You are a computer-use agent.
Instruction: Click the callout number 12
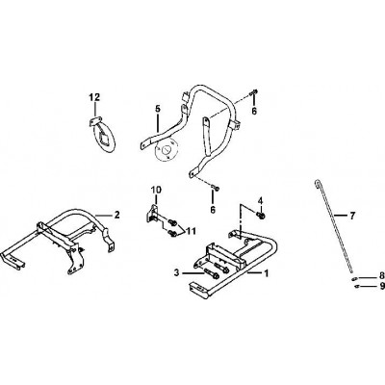pos(94,97)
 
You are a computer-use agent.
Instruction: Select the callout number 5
pos(157,109)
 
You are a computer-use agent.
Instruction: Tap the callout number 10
pos(157,190)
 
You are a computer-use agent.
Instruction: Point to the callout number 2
pos(116,215)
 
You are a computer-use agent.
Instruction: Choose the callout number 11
pos(192,231)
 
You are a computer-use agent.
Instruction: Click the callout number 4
pos(260,201)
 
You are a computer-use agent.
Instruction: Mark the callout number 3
pos(176,273)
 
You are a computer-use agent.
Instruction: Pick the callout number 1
pos(266,273)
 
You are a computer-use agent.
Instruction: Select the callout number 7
pos(352,217)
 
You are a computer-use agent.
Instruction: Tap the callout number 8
pos(381,275)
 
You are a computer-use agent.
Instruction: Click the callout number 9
pos(381,285)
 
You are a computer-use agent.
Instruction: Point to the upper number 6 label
pos(254,111)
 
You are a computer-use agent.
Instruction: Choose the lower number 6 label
pos(213,210)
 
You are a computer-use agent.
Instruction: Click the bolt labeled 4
pos(260,216)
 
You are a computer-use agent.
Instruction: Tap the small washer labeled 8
pos(354,278)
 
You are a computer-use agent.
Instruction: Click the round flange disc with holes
pos(166,150)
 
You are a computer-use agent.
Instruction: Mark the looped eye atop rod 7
pos(317,183)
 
